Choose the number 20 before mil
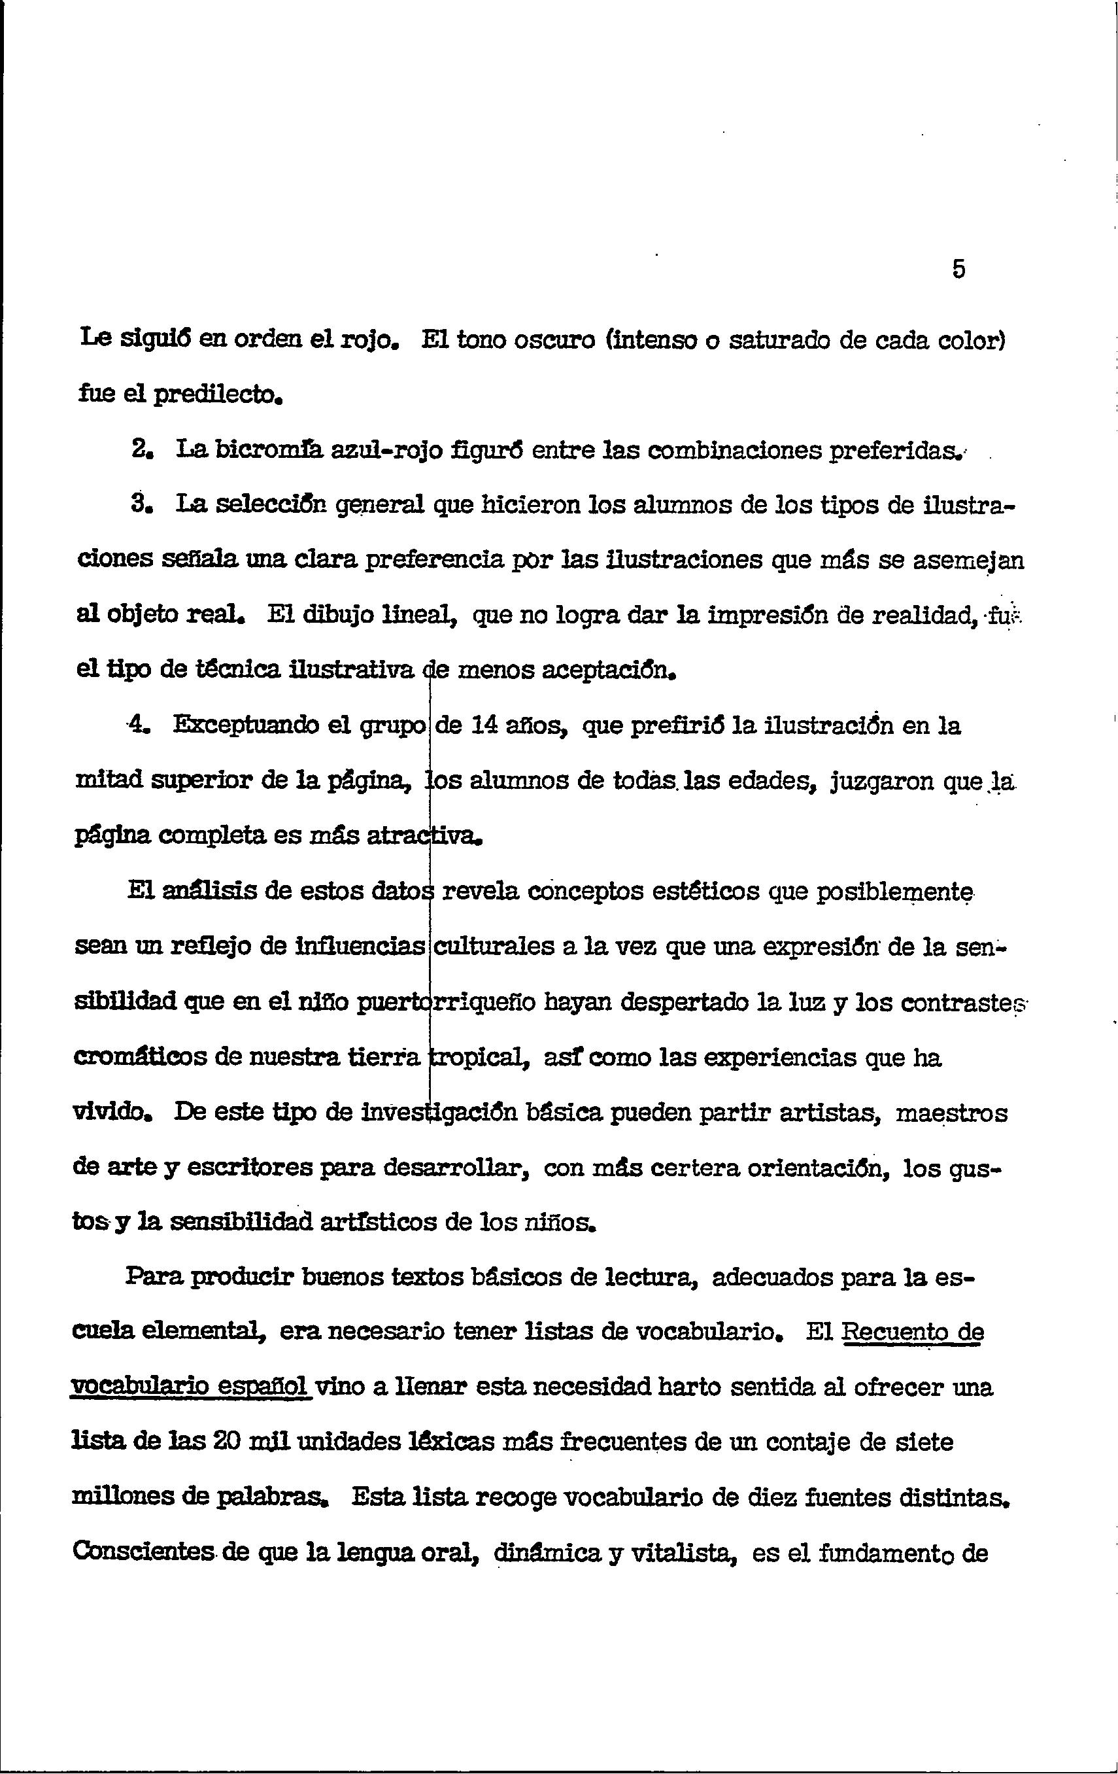(226, 1442)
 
